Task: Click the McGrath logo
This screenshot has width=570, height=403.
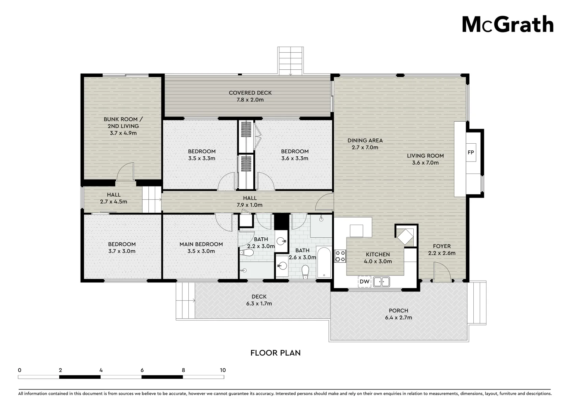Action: click(508, 24)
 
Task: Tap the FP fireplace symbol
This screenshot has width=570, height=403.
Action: click(471, 153)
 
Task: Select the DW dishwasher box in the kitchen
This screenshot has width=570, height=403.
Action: click(364, 281)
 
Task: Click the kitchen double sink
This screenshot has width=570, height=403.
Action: click(381, 281)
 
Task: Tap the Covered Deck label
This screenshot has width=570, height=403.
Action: click(250, 96)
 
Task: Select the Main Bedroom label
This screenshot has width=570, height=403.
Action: click(201, 247)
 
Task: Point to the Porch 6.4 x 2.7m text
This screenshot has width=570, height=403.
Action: click(398, 314)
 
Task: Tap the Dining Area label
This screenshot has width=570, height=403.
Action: click(365, 144)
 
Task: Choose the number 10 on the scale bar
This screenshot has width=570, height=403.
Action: click(223, 370)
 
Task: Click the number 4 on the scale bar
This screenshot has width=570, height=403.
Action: click(101, 370)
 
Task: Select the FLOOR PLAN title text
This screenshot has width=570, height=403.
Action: click(275, 353)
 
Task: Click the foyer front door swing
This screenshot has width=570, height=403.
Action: click(441, 272)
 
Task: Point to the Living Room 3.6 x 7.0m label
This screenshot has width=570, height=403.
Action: click(425, 159)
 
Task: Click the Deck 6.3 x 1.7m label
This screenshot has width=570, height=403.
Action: click(259, 300)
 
